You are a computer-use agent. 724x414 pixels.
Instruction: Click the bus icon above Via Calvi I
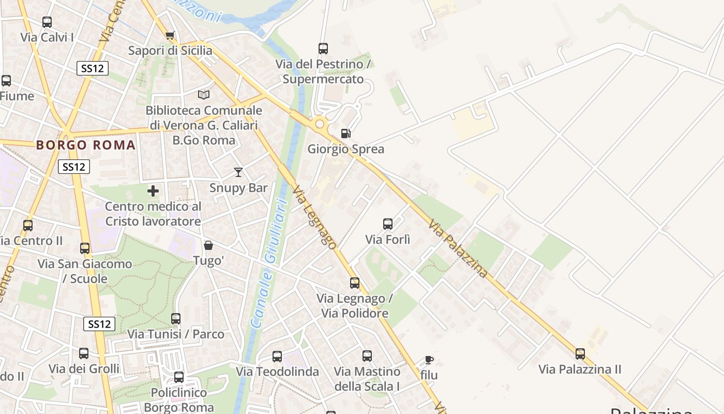coord(47,22)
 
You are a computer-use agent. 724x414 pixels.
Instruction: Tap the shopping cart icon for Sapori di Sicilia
coord(170,35)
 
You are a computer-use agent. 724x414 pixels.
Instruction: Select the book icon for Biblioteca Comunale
coord(204,95)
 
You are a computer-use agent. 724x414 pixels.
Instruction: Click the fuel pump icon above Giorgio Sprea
coord(345,134)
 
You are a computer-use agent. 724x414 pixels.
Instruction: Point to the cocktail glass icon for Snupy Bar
coord(238,172)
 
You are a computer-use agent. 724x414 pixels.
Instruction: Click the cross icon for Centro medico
coord(153,191)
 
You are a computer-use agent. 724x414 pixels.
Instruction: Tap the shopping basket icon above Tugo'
coord(208,245)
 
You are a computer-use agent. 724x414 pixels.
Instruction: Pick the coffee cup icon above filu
coord(429,360)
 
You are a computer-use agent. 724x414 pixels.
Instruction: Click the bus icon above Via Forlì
coord(388,224)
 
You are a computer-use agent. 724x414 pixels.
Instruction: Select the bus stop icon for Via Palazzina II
coord(580,354)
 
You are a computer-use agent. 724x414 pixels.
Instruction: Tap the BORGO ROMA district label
coord(86,145)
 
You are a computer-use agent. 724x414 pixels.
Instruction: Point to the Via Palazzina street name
coord(458,248)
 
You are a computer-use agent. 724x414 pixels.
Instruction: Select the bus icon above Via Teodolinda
coord(277,357)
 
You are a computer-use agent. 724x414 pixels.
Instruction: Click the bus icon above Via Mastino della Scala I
coord(367,356)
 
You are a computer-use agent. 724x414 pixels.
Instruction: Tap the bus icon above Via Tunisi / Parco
coord(176,319)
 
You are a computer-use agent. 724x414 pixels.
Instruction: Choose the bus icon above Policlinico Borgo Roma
coord(179,377)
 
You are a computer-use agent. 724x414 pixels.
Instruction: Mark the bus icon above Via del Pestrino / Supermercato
coord(323,49)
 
